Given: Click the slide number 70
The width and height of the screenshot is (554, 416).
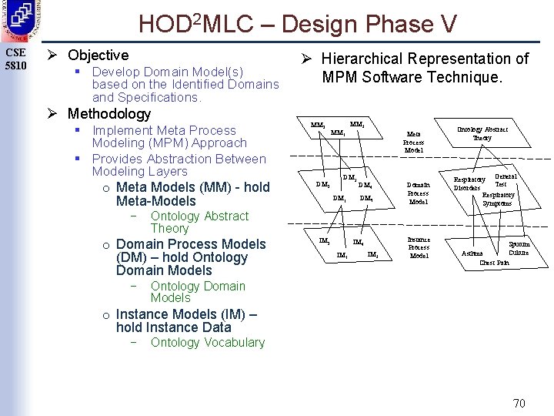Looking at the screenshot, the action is pos(519,403).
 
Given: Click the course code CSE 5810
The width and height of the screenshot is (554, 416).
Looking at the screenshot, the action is pos(15,59).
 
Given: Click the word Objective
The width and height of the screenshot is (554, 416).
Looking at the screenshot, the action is pos(98,55).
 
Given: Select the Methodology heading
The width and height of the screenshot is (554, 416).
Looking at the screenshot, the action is pos(109,114).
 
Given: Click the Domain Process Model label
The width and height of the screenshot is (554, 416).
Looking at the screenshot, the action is pos(418,193).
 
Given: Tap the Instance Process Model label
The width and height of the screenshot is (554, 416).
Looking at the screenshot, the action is pos(419,247).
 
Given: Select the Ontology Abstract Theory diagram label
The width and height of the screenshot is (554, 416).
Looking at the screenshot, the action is pos(482,133).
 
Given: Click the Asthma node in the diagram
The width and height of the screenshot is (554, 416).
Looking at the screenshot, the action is pos(472,253).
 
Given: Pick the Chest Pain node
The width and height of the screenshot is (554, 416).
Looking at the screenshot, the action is pos(494,263).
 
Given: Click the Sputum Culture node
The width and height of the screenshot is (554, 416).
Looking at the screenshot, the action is pos(519,249).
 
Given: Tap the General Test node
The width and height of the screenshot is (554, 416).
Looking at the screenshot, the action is pos(504,180).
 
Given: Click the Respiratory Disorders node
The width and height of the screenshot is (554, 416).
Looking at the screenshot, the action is pos(469,184).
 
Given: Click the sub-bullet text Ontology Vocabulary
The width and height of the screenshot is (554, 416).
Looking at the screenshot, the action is pos(208,343).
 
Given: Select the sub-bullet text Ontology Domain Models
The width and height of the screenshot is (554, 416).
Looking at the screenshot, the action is pos(198,292).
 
